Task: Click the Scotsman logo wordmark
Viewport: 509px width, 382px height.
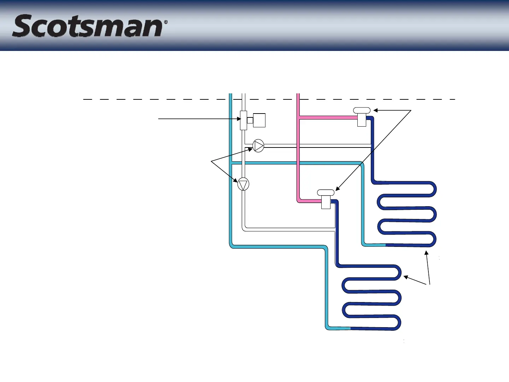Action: [x=88, y=26]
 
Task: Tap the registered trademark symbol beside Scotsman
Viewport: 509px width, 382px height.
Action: [x=165, y=22]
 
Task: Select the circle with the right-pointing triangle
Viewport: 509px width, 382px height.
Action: [x=258, y=146]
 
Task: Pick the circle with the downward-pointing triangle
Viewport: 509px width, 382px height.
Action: [x=243, y=184]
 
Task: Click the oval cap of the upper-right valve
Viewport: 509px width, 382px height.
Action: [x=362, y=110]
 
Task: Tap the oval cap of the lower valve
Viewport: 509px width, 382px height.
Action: [x=326, y=192]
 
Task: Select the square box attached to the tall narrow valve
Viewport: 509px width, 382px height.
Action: [x=259, y=120]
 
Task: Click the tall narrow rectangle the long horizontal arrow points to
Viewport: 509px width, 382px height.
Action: [x=243, y=120]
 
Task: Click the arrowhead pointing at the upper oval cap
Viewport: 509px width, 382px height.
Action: [x=376, y=111]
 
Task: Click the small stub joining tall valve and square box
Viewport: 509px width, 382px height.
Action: [x=250, y=120]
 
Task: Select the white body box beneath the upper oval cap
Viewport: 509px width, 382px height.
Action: [x=362, y=120]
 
